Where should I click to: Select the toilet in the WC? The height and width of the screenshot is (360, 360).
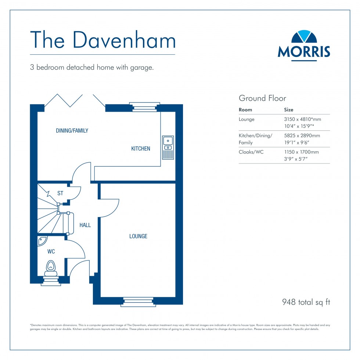click(50, 268)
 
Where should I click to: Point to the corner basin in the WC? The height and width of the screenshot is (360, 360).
click(42, 241)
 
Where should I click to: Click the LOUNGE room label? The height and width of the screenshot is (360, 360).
click(138, 236)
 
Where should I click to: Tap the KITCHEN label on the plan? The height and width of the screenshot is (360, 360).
click(141, 149)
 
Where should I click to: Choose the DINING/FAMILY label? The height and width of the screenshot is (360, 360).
click(72, 130)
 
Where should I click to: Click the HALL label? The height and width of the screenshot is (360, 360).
click(85, 225)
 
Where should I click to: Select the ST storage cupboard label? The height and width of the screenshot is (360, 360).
click(60, 193)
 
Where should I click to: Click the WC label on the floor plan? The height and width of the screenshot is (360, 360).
click(51, 252)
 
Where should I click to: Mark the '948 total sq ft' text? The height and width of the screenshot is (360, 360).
click(306, 302)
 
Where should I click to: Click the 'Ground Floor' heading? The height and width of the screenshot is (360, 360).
click(262, 98)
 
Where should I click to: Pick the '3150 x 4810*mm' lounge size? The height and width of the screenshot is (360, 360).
click(302, 119)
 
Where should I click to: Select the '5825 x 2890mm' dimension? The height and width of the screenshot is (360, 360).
click(302, 136)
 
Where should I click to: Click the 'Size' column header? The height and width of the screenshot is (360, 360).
click(289, 110)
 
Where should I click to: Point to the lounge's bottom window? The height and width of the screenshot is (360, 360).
click(138, 301)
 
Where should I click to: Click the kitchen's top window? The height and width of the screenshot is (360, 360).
click(145, 106)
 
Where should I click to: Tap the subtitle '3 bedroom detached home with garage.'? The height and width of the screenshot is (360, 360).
click(92, 68)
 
